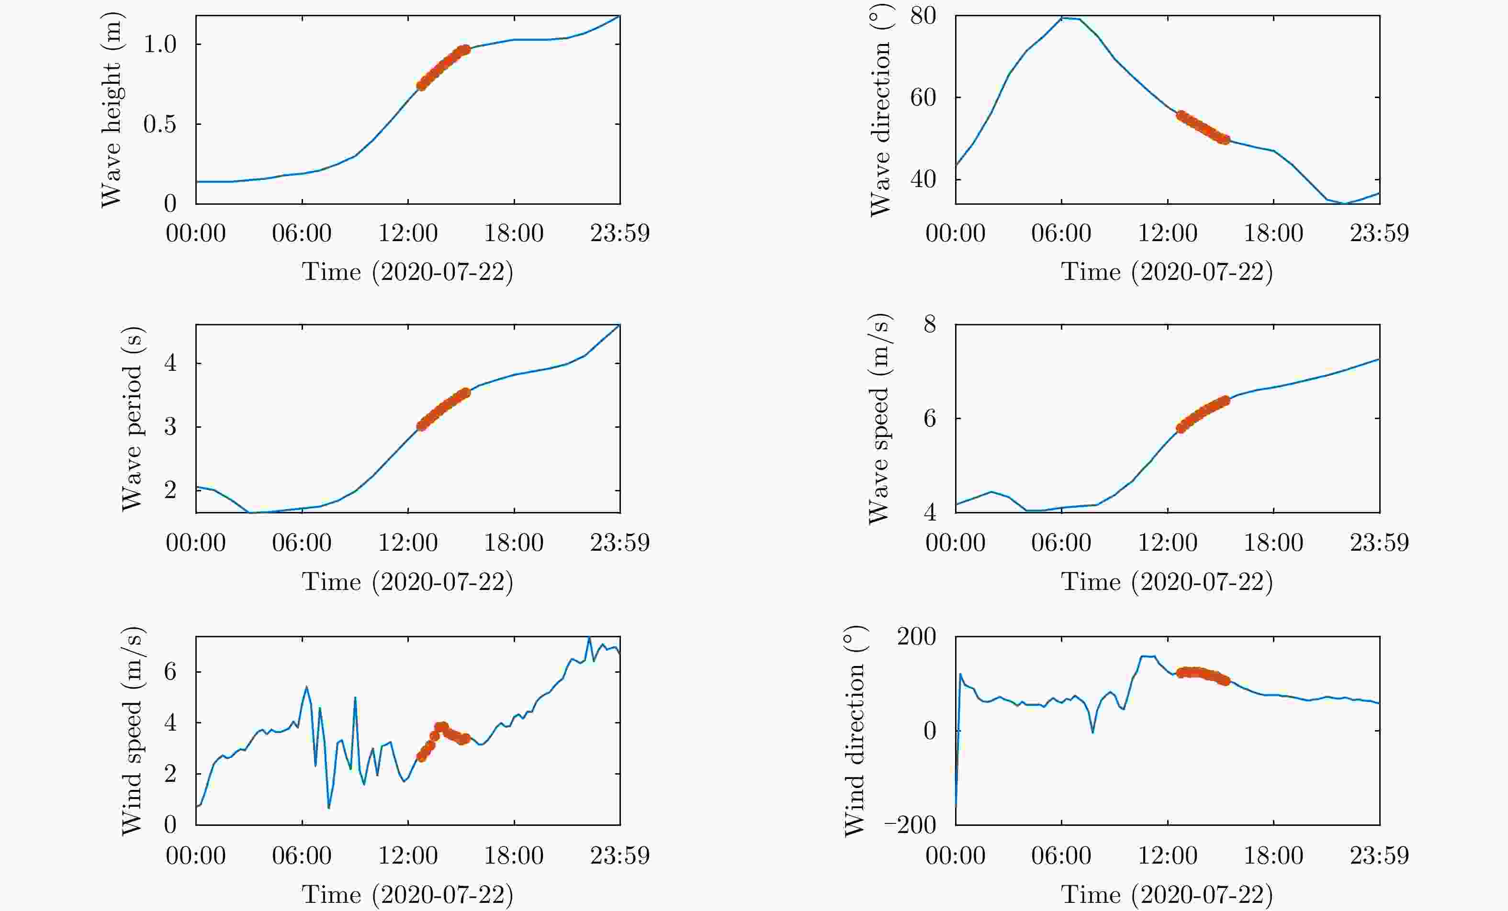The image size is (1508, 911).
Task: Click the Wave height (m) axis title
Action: [112, 110]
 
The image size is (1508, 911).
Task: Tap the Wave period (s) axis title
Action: [132, 419]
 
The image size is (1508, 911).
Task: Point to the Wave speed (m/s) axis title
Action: [879, 419]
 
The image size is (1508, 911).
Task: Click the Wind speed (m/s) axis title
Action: [132, 731]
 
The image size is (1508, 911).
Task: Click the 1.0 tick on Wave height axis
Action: [160, 44]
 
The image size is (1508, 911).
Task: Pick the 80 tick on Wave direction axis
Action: [923, 16]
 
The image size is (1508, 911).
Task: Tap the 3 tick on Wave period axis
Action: [170, 426]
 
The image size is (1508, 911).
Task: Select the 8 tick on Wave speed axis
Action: [930, 324]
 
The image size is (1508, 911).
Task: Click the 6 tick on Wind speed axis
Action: [170, 672]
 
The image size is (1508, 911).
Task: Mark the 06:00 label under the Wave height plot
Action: [302, 233]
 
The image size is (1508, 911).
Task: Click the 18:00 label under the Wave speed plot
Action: [1273, 543]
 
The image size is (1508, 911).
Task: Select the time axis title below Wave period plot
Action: [407, 581]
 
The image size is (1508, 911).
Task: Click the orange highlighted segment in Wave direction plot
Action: [1202, 127]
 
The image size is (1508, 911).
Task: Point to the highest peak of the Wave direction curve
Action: [1064, 18]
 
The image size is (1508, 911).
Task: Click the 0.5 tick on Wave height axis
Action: [160, 124]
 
